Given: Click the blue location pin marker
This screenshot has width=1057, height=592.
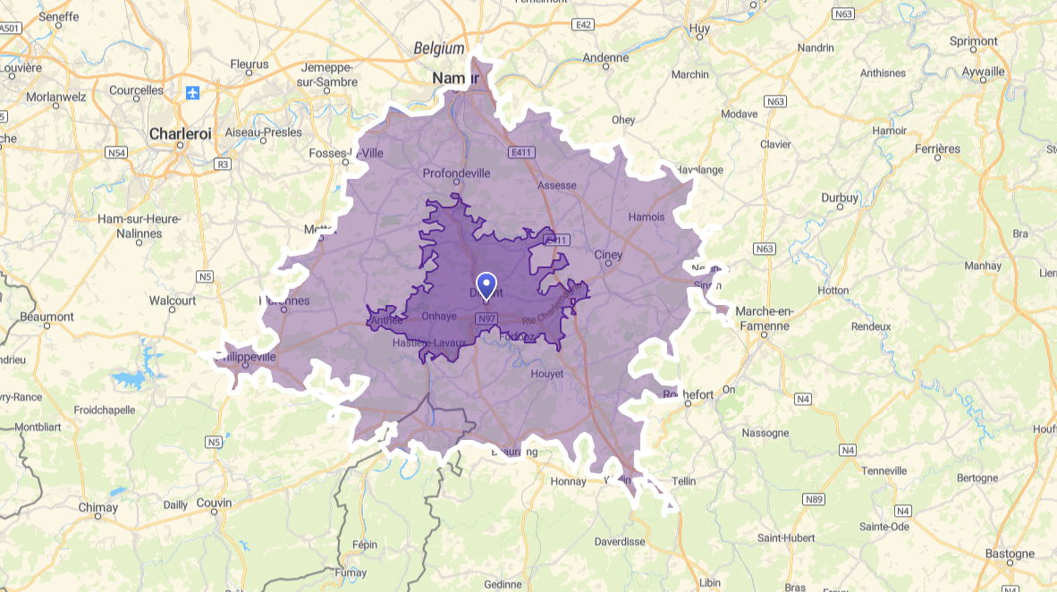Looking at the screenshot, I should coord(486,284).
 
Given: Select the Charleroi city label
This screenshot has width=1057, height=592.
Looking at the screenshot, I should coord(181,133).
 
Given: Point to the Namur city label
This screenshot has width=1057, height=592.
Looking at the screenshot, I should coord(456,79).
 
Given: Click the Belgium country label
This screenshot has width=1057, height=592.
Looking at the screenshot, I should coord(439,48).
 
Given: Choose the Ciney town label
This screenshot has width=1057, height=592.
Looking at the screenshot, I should coord(608,255).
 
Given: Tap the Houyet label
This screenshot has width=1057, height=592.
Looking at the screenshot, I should coord(547,373).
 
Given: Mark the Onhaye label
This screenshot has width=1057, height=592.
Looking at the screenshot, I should coord(439,316).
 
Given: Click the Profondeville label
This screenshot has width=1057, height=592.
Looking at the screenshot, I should coord(456,173).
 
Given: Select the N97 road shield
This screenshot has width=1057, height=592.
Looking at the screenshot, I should coord(487,318).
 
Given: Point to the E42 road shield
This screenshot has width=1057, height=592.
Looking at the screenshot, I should coord(585,24).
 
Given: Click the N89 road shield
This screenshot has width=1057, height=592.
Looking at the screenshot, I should coord(813,499).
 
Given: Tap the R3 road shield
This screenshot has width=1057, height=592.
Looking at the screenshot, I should coord(224,164).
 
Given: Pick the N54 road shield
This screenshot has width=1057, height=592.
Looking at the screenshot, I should coord(115,153).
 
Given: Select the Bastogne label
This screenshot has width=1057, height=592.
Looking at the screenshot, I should coord(1010,554).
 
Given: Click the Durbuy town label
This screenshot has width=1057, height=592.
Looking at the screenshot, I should coord(840,198).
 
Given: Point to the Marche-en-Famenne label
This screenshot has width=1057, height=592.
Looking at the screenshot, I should coord(763,318).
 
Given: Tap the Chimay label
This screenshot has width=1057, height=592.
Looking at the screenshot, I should coord(97,507).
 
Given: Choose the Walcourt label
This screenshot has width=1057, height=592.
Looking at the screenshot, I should coord(173,300).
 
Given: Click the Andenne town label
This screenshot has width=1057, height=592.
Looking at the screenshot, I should coord(605,58).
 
